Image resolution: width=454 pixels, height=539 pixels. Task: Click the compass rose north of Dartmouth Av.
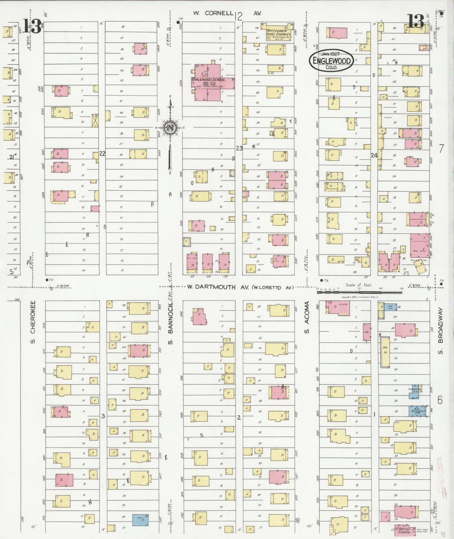(x=170, y=128)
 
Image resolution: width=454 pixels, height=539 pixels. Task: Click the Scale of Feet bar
(x=359, y=292)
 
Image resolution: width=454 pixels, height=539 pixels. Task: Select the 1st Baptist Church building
(x=405, y=531)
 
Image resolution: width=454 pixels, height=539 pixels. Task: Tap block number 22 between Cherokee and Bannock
(x=102, y=154)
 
